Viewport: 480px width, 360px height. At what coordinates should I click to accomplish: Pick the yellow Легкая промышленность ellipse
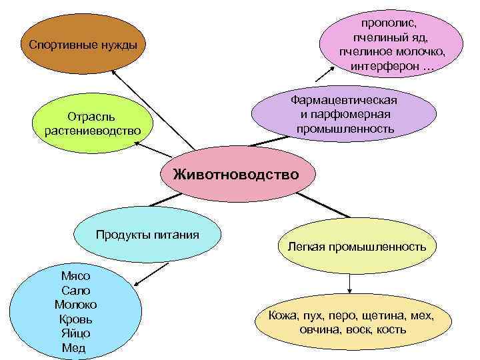pos(357,247)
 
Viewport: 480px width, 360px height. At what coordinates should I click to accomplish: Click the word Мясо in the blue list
pos(75,276)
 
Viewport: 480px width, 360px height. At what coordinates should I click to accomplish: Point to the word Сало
pos(75,291)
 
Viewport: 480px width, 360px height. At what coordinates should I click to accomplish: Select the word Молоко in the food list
pos(75,305)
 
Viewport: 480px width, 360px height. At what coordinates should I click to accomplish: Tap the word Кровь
pos(75,319)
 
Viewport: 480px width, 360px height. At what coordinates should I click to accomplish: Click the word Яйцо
pos(75,333)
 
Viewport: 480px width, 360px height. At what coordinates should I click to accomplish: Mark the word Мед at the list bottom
pos(73,348)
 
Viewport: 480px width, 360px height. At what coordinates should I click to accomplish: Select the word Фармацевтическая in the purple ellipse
pos(344,100)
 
